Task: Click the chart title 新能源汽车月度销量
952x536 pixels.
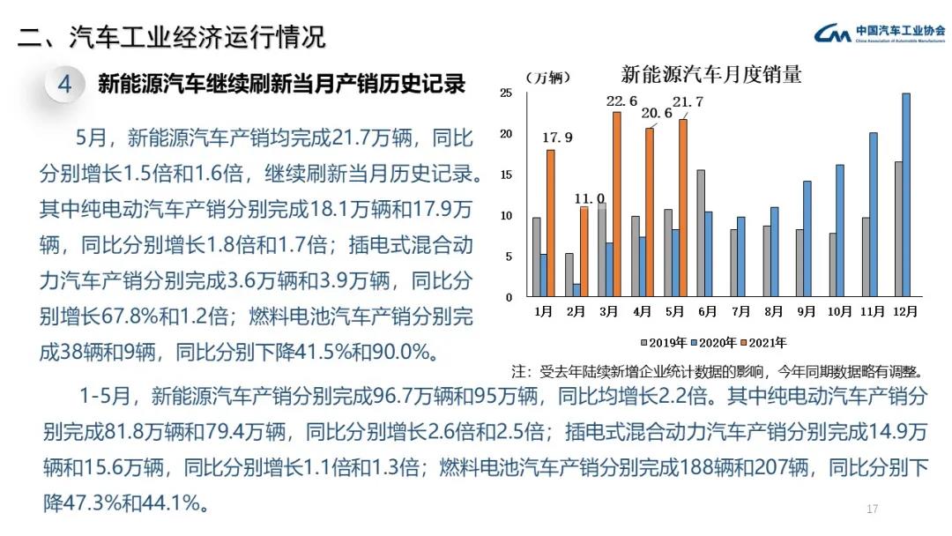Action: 710,74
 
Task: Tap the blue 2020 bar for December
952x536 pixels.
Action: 906,195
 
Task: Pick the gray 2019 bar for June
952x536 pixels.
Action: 701,234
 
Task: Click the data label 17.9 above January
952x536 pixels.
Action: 557,138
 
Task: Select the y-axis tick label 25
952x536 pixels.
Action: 506,93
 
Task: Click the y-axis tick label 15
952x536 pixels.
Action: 506,175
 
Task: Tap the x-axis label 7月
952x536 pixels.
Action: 740,311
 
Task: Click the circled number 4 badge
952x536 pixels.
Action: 64,85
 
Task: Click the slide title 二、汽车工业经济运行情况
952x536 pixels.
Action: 172,37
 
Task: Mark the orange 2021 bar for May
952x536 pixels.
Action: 681,208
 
